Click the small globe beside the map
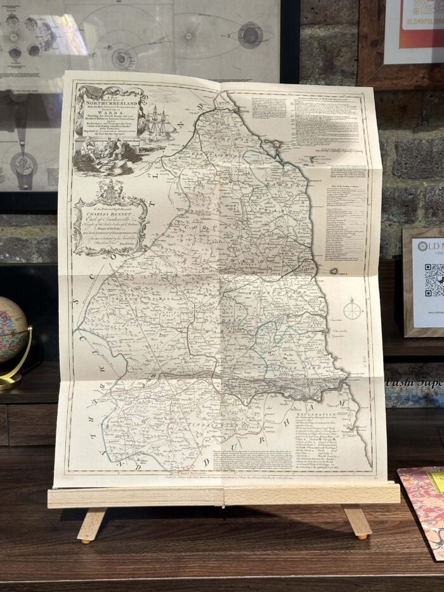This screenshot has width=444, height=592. (11, 330)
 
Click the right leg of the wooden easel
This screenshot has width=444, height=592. (358, 522)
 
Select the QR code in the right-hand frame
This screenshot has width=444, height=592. (434, 279)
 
